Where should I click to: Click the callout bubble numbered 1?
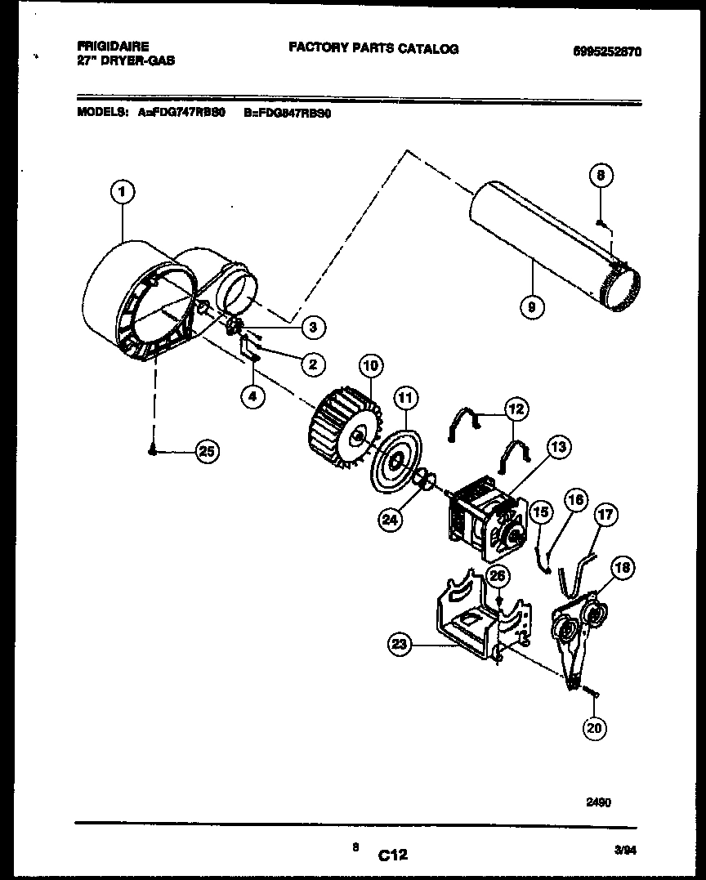coord(122,193)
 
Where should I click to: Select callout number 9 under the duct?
coord(532,306)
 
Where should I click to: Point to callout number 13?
coord(558,447)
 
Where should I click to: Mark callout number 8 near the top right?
coord(601,175)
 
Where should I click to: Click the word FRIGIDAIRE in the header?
coord(113,47)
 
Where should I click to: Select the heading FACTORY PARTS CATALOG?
coord(373,48)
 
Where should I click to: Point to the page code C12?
coord(392,855)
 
